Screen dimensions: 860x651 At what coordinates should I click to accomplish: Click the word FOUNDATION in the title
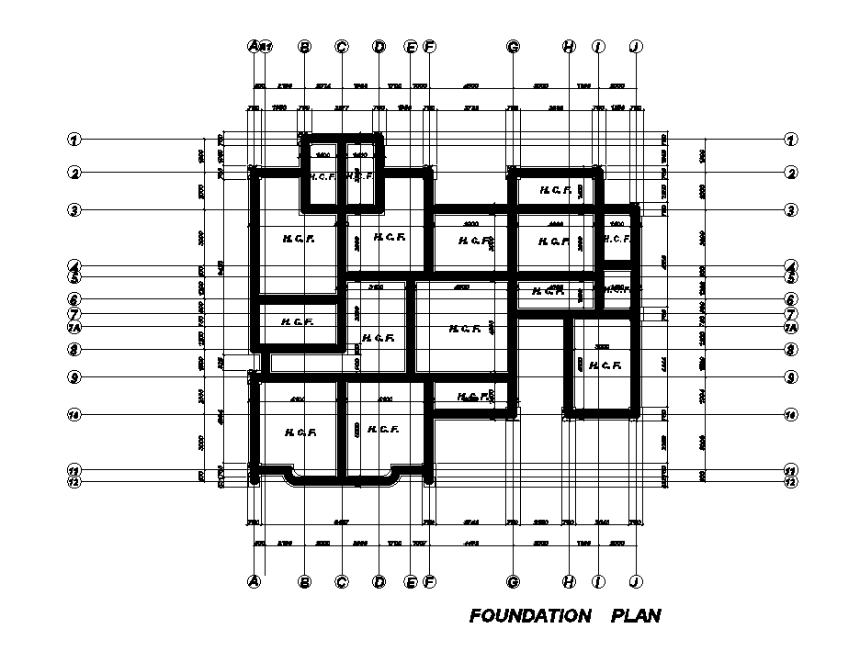529,615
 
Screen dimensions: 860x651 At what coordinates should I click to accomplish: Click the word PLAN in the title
636,615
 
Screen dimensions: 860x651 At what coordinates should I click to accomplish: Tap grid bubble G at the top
513,46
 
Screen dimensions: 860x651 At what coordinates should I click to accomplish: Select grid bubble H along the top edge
569,46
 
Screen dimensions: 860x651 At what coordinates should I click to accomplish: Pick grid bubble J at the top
635,46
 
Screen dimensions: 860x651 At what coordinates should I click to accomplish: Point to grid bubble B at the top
305,46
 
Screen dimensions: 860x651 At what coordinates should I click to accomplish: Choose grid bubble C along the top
342,46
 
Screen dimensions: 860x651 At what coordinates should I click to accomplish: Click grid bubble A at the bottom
255,581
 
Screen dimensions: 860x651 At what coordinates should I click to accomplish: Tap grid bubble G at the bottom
513,581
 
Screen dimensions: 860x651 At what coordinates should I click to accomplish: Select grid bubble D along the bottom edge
379,581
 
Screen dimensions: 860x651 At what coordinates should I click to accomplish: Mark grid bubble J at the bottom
635,581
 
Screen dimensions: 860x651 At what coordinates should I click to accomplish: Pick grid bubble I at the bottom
598,581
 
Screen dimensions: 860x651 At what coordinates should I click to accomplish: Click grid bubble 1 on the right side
789,140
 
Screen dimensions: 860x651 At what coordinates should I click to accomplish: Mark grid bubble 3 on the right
789,209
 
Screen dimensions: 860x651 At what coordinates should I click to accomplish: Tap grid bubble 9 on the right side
789,376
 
